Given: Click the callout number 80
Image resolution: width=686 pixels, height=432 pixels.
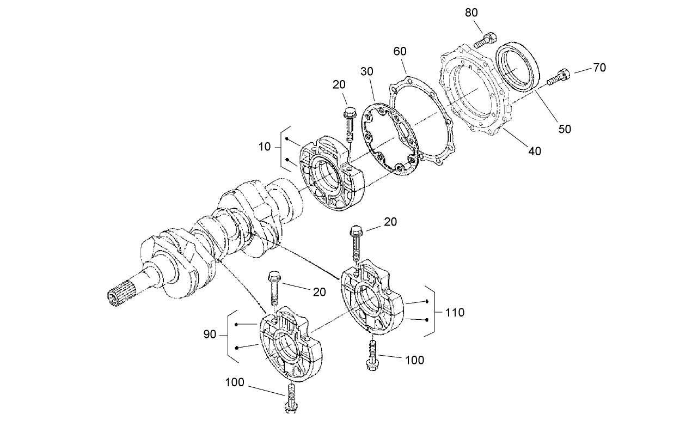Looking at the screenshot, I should [471, 13].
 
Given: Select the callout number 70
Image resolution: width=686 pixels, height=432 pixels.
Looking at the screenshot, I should [599, 68].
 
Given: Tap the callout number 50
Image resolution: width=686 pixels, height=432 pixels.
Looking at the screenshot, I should [565, 129].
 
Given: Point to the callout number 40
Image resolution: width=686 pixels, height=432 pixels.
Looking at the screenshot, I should [535, 151].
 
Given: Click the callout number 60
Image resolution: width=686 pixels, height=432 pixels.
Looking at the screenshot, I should [400, 52].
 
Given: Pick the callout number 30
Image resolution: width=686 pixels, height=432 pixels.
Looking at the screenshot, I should [366, 72].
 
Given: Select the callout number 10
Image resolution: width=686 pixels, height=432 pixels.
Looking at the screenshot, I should [265, 147].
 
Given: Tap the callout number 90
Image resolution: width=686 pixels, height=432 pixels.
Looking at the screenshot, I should [210, 334].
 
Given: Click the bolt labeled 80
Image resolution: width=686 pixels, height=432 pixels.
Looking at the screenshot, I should [486, 39].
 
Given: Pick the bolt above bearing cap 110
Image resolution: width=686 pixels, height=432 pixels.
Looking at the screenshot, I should [356, 243].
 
